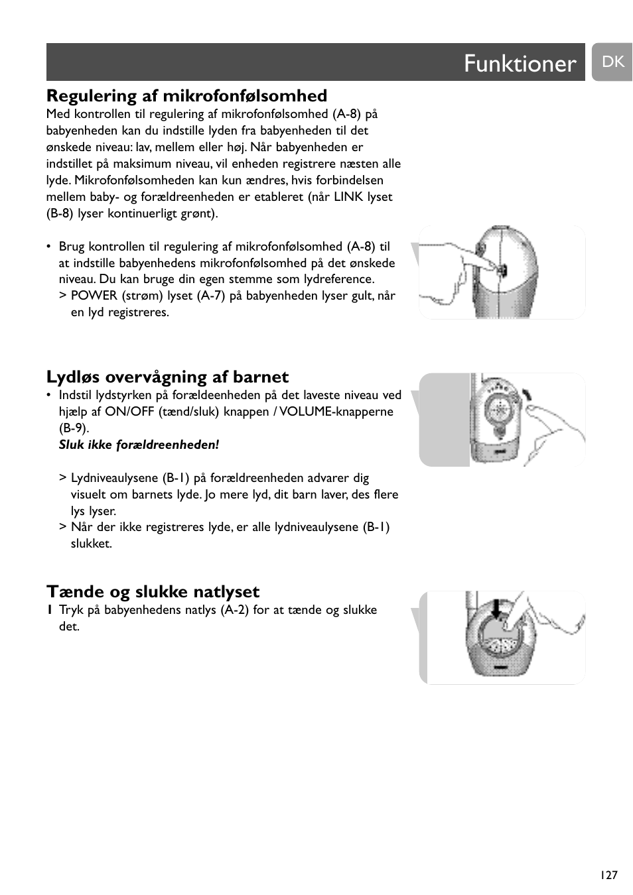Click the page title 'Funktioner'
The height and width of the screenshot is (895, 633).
coord(520,64)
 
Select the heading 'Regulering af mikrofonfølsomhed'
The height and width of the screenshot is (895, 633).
coord(186,96)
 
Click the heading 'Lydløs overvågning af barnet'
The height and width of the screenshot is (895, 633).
coord(167,377)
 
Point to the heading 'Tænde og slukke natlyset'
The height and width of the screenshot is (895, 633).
coord(153,592)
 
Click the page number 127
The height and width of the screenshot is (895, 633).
coord(608,875)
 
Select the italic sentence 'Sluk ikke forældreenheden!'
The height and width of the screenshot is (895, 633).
coord(139,445)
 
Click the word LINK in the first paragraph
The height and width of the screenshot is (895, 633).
coord(348,197)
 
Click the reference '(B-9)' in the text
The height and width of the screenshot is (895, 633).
coord(74,428)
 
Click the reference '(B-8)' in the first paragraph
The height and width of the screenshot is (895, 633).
coord(60,213)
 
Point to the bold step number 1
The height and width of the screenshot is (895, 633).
coord(50,610)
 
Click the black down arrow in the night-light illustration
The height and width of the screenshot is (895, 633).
coord(493,609)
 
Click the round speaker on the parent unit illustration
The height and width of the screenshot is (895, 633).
coord(495,411)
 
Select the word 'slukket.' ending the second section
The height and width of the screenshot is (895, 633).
coord(92,544)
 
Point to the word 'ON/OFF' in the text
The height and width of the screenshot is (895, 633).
coord(127,412)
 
